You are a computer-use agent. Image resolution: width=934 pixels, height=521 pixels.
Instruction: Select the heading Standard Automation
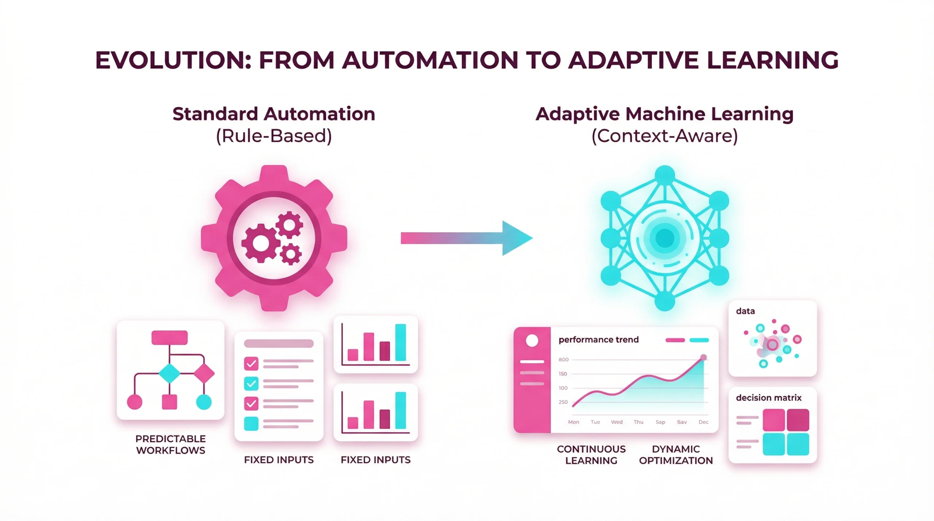click(274, 114)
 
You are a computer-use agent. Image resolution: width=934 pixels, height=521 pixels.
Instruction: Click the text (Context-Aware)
click(664, 136)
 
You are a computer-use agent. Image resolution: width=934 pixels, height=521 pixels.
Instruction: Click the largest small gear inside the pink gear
click(261, 243)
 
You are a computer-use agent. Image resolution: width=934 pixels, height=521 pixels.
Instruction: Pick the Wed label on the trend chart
click(617, 422)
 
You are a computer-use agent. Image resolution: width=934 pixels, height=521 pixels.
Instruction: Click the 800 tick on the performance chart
click(563, 359)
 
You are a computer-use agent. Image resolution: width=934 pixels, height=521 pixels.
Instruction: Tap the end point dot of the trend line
click(703, 357)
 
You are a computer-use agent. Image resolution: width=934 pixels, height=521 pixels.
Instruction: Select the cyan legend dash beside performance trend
click(699, 340)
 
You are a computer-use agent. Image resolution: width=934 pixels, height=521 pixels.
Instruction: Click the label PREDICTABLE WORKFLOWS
click(170, 444)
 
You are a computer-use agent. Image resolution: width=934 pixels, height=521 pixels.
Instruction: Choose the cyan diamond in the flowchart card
click(169, 373)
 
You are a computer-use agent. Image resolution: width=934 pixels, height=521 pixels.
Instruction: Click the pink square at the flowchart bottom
click(169, 402)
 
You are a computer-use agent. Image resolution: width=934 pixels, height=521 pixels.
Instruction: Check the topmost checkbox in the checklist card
click(251, 363)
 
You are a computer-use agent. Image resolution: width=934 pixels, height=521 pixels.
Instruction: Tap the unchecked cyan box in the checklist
click(251, 424)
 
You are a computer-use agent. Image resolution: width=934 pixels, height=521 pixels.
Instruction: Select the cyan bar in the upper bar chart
click(401, 342)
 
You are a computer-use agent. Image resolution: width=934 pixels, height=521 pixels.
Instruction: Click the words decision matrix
click(768, 398)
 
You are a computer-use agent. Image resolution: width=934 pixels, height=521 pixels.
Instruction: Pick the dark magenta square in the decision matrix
click(798, 420)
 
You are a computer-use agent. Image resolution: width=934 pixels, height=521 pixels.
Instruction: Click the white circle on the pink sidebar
click(532, 341)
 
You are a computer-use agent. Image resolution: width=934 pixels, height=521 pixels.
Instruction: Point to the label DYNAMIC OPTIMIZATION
click(676, 455)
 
